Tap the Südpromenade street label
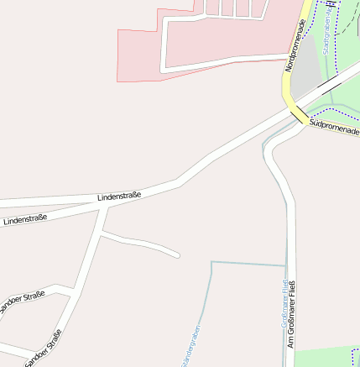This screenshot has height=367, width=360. (x=333, y=128)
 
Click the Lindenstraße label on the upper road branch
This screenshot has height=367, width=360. (x=119, y=195)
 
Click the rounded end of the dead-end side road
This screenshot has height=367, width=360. (x=176, y=253)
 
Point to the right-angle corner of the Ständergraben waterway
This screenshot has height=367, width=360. (x=212, y=263)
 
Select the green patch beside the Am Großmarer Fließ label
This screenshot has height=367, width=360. (x=327, y=357)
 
